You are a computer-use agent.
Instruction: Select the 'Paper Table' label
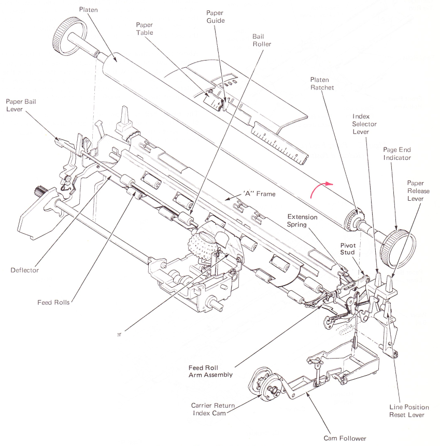point(146,28)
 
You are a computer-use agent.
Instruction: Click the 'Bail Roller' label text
point(262,40)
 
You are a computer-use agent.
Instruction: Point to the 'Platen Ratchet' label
point(322,84)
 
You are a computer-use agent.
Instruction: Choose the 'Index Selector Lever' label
point(364,124)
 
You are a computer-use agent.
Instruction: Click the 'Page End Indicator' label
point(397,154)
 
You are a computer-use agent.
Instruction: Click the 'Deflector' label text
point(24,270)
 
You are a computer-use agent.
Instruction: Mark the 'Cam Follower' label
point(345,438)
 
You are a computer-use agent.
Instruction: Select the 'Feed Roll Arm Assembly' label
point(210,371)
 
